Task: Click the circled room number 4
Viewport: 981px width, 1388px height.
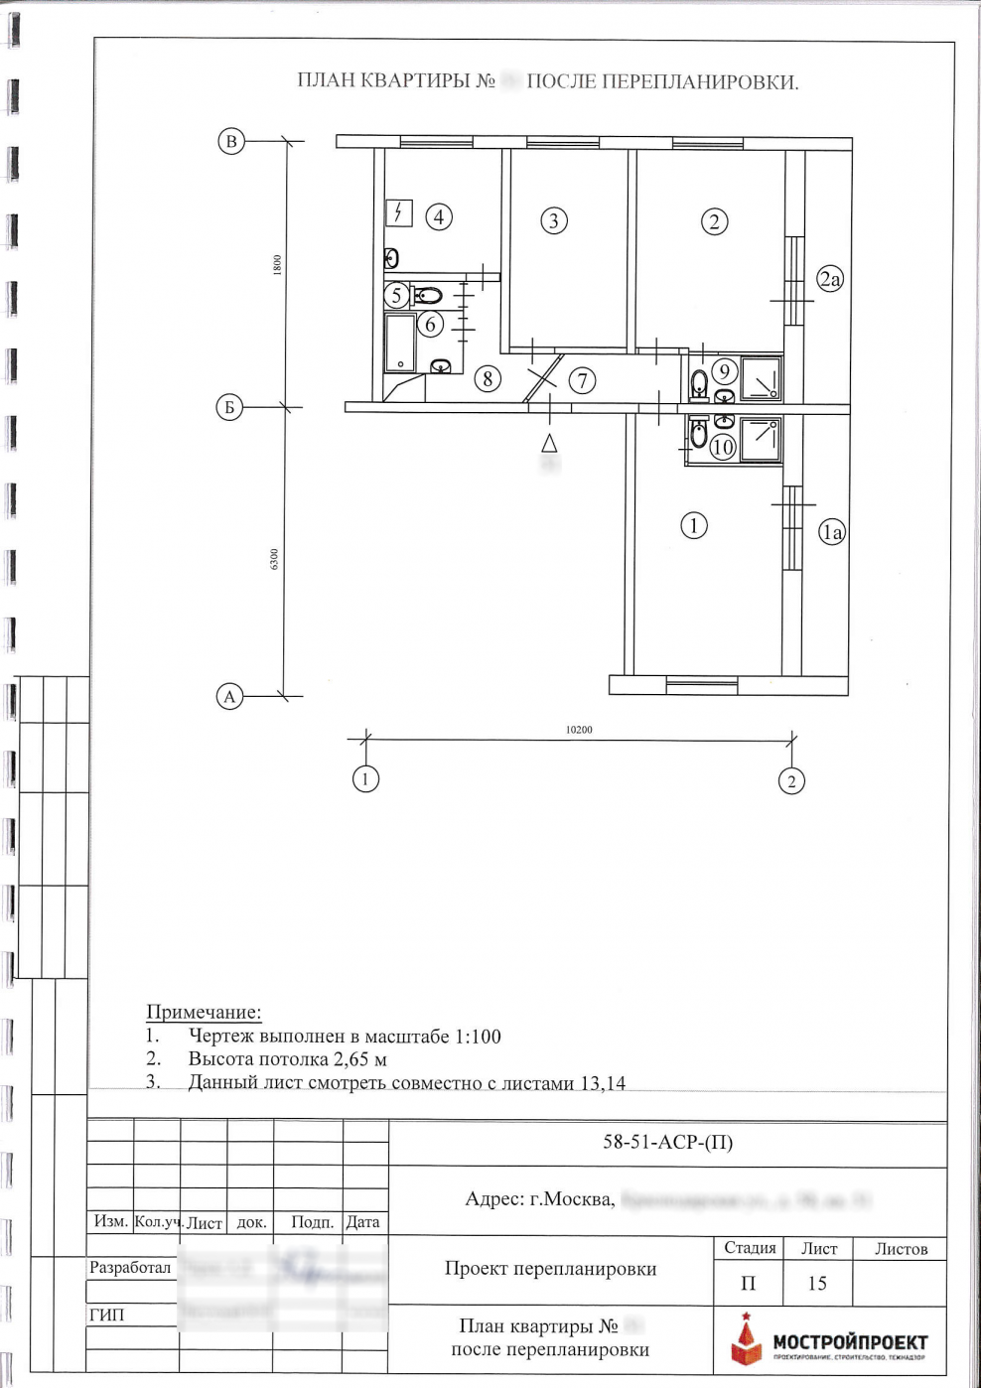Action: click(x=438, y=216)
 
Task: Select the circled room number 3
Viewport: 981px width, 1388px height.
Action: click(x=554, y=220)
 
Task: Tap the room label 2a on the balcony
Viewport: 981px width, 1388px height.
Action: click(x=829, y=279)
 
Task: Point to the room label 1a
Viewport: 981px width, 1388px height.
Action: click(x=831, y=532)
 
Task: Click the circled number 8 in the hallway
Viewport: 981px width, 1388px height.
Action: click(x=487, y=378)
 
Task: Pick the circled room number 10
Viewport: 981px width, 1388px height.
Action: click(x=723, y=447)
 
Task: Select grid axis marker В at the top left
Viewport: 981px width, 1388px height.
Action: click(x=231, y=141)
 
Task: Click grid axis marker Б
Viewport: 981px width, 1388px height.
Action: click(x=229, y=407)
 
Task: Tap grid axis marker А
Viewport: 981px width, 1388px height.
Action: click(x=229, y=696)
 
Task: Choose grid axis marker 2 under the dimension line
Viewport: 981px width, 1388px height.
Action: click(x=790, y=781)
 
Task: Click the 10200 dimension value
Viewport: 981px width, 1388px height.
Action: click(x=579, y=730)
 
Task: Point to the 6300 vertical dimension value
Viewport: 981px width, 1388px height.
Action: click(x=275, y=559)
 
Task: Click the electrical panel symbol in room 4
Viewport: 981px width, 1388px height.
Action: click(x=398, y=212)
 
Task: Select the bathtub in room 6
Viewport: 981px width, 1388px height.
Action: click(x=400, y=343)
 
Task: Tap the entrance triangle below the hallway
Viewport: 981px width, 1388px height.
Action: click(x=549, y=443)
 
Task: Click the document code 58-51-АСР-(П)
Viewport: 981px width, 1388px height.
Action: click(x=667, y=1142)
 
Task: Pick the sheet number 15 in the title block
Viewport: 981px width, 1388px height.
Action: click(x=816, y=1284)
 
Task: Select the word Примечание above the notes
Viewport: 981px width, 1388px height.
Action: click(x=204, y=1012)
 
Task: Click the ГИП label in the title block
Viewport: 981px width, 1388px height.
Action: click(x=107, y=1315)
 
